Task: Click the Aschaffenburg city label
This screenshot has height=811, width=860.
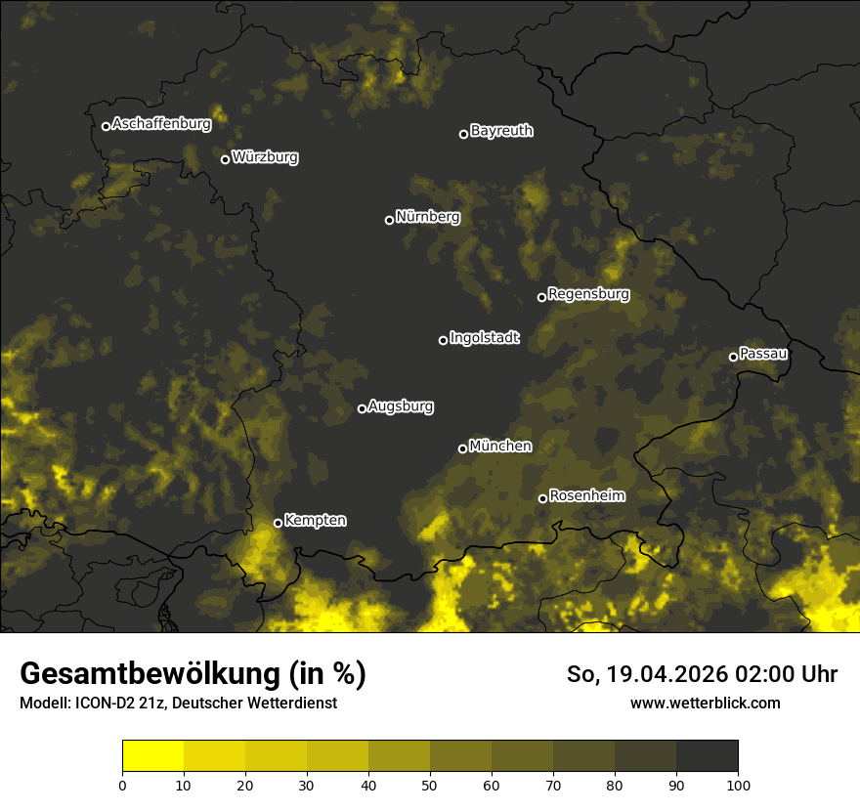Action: coord(161,124)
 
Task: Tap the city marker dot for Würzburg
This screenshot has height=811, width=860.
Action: coord(225,159)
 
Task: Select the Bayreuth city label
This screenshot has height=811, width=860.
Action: coord(501,131)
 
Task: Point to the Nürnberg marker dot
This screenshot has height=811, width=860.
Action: coord(389,220)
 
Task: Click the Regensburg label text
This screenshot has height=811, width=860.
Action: coord(588,294)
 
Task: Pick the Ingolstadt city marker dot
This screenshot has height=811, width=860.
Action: coord(443,340)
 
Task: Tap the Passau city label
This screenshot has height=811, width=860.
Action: coord(763,354)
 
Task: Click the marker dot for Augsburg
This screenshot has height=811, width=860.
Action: coord(362,408)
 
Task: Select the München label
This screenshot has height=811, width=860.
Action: coord(500,447)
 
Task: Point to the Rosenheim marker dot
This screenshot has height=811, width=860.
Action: coord(542,498)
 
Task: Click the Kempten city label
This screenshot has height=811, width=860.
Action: coord(315,521)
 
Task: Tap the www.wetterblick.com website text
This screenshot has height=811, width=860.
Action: coord(705,703)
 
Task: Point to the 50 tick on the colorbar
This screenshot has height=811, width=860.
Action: coord(430,784)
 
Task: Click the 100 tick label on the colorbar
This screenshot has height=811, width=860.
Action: coord(737,784)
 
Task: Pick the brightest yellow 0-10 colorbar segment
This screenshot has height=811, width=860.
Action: coord(153,756)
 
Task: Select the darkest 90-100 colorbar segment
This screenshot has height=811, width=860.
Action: coord(707,756)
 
